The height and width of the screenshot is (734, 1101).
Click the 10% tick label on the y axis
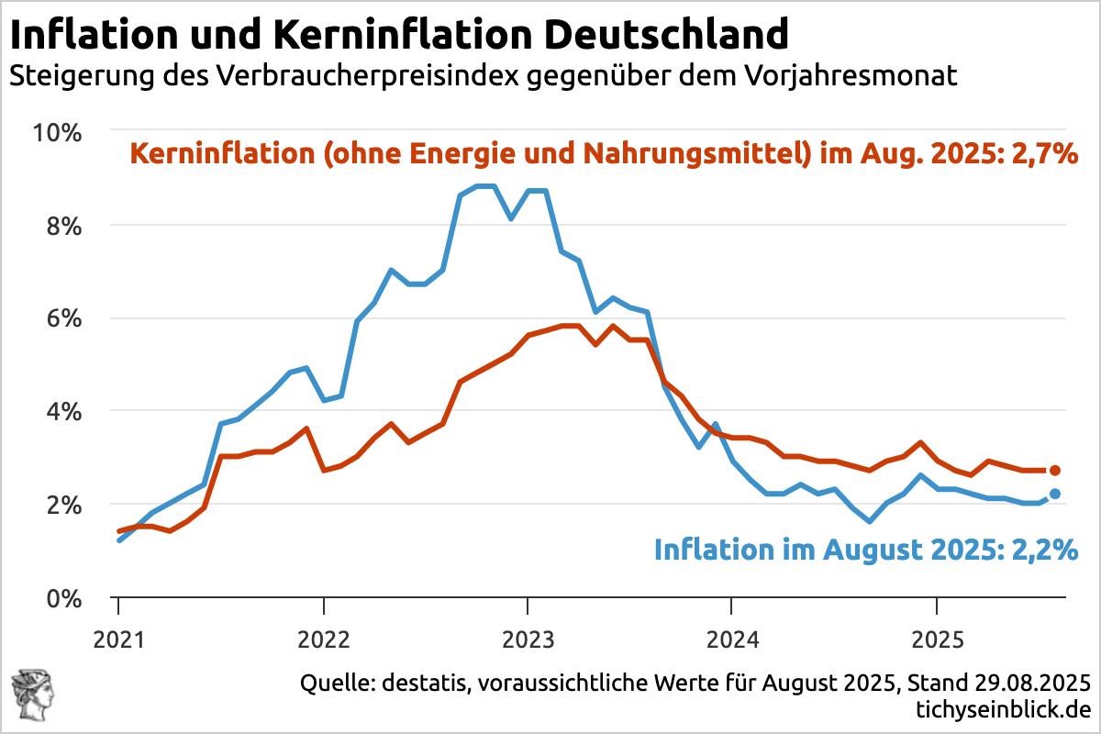pos(58,132)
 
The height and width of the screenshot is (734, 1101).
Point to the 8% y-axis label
pos(63,226)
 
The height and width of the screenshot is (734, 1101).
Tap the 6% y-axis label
pos(63,319)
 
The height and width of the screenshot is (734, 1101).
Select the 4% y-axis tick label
pos(63,412)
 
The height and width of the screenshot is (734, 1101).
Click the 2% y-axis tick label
pos(63,506)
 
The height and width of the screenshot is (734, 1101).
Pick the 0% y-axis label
pos(63,598)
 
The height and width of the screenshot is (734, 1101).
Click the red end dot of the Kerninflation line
pos(1055,471)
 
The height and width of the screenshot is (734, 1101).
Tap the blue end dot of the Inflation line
pos(1055,494)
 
